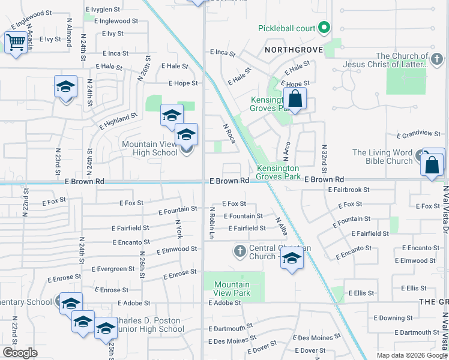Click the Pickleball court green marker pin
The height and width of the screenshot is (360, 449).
[324, 28]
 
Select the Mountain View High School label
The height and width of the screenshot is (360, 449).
[150, 148]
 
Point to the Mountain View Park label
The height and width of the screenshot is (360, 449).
[232, 289]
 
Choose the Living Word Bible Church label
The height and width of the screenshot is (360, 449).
[382, 157]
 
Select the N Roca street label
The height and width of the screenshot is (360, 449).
[229, 133]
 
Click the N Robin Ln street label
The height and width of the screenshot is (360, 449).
[212, 223]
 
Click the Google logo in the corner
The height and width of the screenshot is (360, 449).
[20, 353]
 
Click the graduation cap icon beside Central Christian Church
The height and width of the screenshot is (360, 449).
[292, 259]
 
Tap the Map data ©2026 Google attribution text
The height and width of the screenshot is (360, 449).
[412, 355]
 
